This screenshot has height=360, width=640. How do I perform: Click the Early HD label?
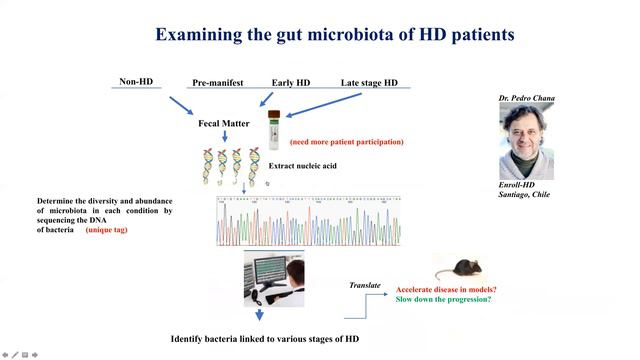click(292, 83)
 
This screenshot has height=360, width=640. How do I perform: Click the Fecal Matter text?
click(223, 122)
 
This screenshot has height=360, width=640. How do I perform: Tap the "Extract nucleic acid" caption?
click(308, 166)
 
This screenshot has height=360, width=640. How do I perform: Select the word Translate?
click(365, 285)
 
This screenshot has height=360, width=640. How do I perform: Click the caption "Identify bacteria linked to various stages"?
click(264, 339)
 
